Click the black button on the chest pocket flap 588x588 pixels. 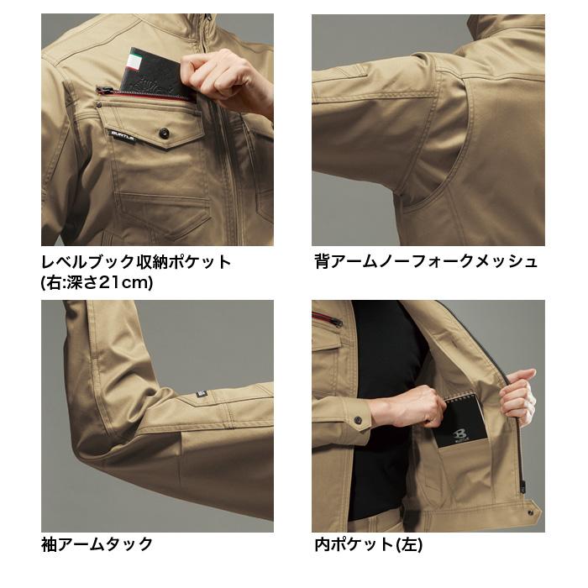[163, 133]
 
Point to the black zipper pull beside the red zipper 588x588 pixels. [102, 89]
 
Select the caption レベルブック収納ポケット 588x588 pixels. [135, 261]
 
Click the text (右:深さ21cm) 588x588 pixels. [97, 282]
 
